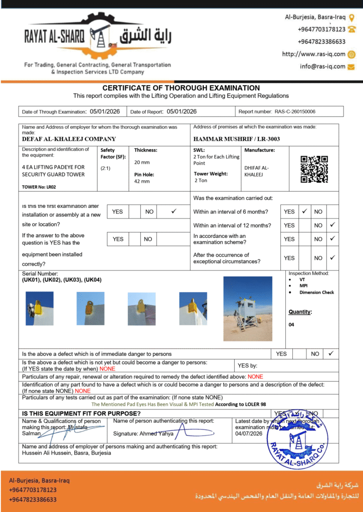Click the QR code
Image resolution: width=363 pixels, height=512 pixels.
(x=314, y=169)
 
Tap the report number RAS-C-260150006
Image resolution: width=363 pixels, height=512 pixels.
(x=295, y=111)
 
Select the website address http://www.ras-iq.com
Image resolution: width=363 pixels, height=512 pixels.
(x=314, y=54)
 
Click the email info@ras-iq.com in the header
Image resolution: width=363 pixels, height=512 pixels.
(x=323, y=66)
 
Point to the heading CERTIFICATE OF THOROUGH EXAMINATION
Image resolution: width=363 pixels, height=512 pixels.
(x=181, y=88)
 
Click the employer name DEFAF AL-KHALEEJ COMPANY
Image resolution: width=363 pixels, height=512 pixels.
(x=69, y=139)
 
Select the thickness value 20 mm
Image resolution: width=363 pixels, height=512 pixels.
(x=142, y=162)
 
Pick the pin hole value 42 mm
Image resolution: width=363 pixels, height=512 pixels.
(x=142, y=181)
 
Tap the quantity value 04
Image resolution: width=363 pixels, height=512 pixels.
(x=291, y=324)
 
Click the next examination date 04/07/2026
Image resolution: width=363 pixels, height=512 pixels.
(x=249, y=433)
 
